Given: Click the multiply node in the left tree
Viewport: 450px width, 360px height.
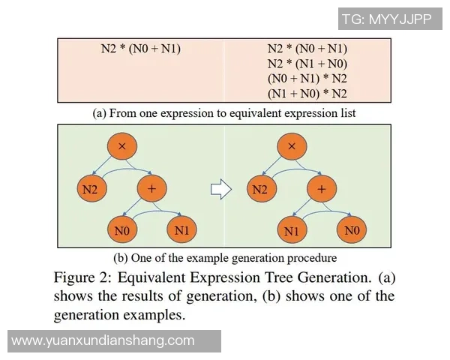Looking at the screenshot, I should click(x=121, y=146).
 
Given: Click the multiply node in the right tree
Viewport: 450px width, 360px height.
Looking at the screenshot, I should click(x=292, y=146).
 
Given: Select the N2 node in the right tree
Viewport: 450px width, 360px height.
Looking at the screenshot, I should click(x=259, y=189).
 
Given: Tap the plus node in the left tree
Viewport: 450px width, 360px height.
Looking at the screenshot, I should click(x=152, y=189).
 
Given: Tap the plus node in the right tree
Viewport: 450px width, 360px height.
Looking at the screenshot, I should click(x=322, y=189).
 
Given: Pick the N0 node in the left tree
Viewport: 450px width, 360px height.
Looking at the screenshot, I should click(x=121, y=231).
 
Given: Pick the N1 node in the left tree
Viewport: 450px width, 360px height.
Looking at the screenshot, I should click(x=181, y=230).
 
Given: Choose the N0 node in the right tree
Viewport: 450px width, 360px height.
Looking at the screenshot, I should click(x=352, y=230).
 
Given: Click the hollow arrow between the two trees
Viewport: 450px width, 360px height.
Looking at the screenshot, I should click(x=219, y=190).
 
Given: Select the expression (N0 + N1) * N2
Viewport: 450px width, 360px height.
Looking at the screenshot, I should click(x=307, y=78).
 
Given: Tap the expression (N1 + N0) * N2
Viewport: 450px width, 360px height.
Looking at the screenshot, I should click(x=307, y=94).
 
